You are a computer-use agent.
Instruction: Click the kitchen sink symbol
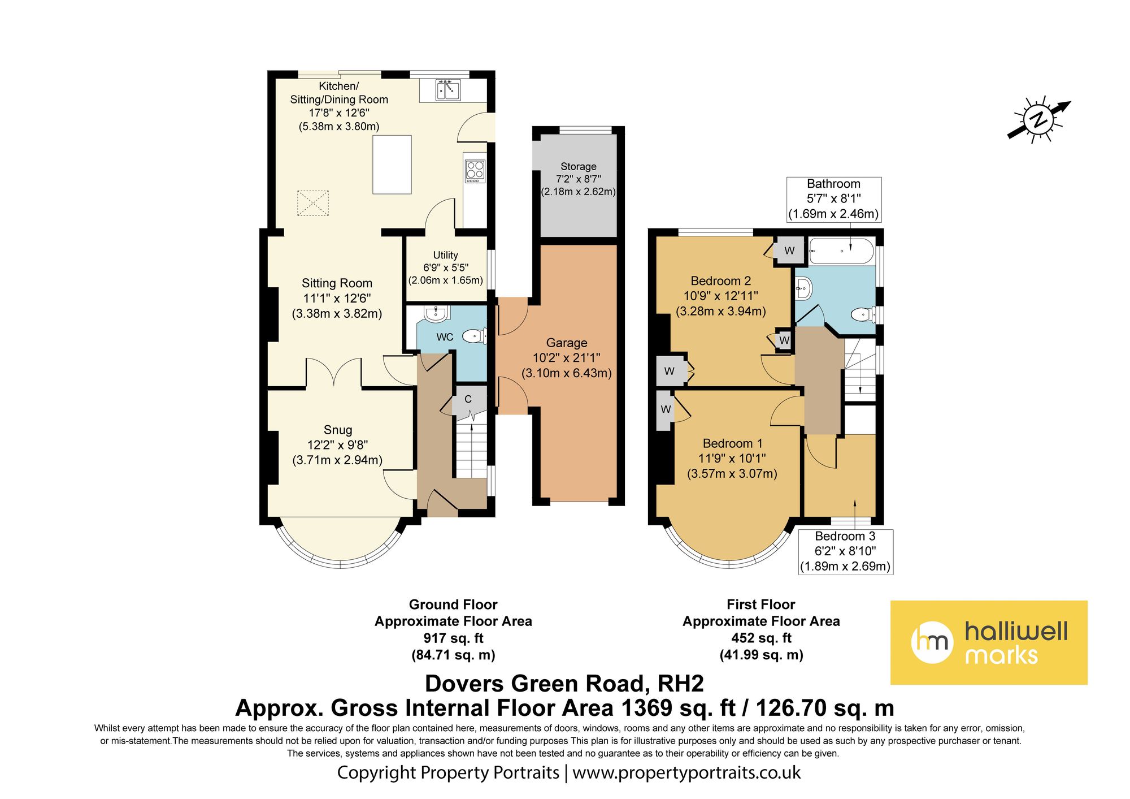click(x=448, y=90)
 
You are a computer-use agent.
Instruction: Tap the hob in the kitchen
click(x=475, y=171)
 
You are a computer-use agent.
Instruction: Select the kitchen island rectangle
click(x=392, y=165)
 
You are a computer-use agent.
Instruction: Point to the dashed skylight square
click(x=313, y=203)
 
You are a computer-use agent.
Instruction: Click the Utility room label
click(x=445, y=255)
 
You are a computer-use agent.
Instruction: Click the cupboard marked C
click(x=468, y=399)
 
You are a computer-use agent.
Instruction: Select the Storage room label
click(x=578, y=166)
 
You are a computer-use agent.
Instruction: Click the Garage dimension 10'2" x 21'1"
click(x=566, y=357)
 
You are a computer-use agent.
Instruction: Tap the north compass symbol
click(x=1038, y=120)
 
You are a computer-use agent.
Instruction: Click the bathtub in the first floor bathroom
click(x=841, y=251)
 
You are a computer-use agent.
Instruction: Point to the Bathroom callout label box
click(x=833, y=199)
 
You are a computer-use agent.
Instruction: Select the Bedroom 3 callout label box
click(x=845, y=551)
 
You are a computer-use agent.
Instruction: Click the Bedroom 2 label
click(x=720, y=281)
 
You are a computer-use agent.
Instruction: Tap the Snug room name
click(x=338, y=430)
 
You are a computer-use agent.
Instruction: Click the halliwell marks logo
click(x=988, y=642)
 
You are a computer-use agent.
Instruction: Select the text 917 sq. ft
click(x=453, y=638)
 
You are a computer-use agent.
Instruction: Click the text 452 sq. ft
click(x=761, y=638)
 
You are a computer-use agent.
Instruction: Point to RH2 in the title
click(x=680, y=684)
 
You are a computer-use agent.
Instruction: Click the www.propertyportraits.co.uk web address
click(x=686, y=772)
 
